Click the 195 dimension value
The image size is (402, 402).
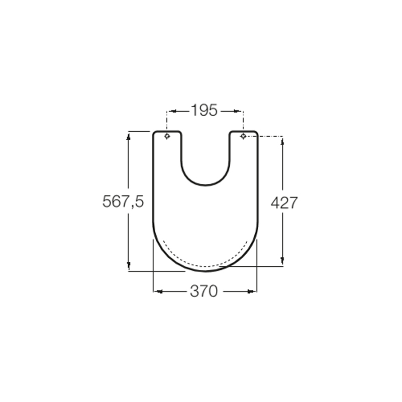205,111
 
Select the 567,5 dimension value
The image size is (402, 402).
123,202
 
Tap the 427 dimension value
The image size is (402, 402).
284,203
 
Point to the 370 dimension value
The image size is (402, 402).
204,291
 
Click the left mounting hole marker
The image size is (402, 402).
167,136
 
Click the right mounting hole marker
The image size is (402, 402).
243,136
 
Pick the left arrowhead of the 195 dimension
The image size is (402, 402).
173,111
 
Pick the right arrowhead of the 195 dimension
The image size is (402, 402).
237,111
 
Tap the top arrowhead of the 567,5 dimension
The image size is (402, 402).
129,137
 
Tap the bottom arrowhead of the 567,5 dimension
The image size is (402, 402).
129,265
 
